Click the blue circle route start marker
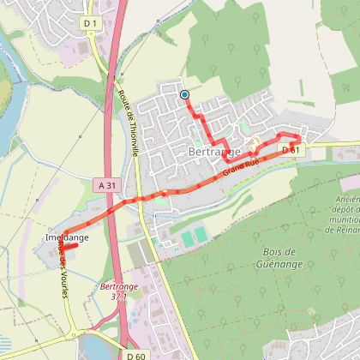click(184, 94)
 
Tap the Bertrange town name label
click(211, 152)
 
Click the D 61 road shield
click(291, 150)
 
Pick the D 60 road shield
click(135, 354)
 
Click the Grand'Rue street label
click(240, 166)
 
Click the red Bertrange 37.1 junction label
click(113, 291)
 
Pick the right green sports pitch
click(201, 233)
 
